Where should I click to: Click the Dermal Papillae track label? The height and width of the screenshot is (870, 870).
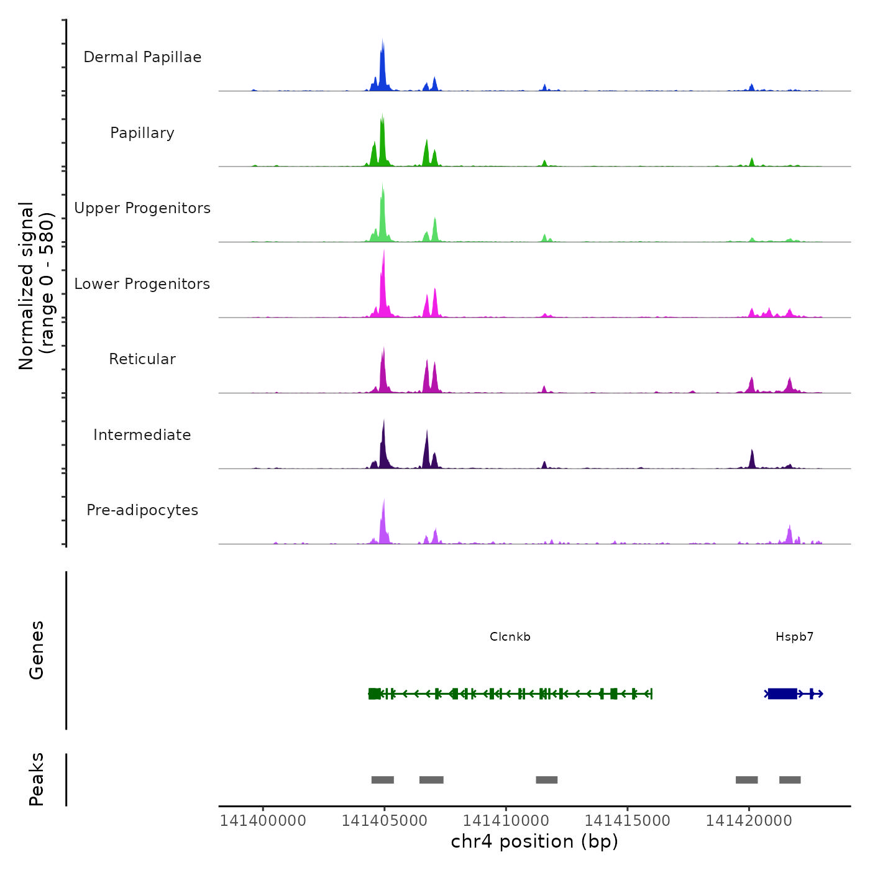coord(142,57)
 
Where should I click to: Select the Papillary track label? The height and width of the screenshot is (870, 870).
coord(142,133)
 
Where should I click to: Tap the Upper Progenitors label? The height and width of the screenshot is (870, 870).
coord(142,208)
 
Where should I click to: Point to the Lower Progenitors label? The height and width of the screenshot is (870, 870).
coord(142,284)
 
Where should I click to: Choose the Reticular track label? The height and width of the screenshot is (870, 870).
coord(142,359)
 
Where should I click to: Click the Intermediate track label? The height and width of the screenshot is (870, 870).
coord(142,435)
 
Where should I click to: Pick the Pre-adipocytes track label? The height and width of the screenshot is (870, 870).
coord(142,510)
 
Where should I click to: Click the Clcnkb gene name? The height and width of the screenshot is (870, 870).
coord(510,637)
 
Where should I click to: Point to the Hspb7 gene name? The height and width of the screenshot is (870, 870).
coord(794,637)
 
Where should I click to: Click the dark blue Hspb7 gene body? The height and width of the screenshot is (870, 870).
coord(782,694)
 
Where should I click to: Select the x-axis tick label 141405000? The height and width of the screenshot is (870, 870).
coord(384,821)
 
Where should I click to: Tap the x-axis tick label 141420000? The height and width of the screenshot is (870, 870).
coord(749,821)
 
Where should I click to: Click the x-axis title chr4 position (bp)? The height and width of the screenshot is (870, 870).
coord(534,841)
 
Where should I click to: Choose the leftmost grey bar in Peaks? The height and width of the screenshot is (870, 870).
coord(382,780)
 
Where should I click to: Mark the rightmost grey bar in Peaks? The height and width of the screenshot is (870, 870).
coord(790,780)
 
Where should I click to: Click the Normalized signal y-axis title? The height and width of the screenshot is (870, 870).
coord(36,286)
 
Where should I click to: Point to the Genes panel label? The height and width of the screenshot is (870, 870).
coord(36,650)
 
